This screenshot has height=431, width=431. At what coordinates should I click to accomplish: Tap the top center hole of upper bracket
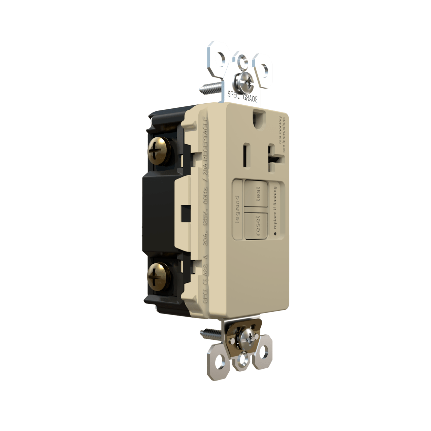click(x=242, y=60)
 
